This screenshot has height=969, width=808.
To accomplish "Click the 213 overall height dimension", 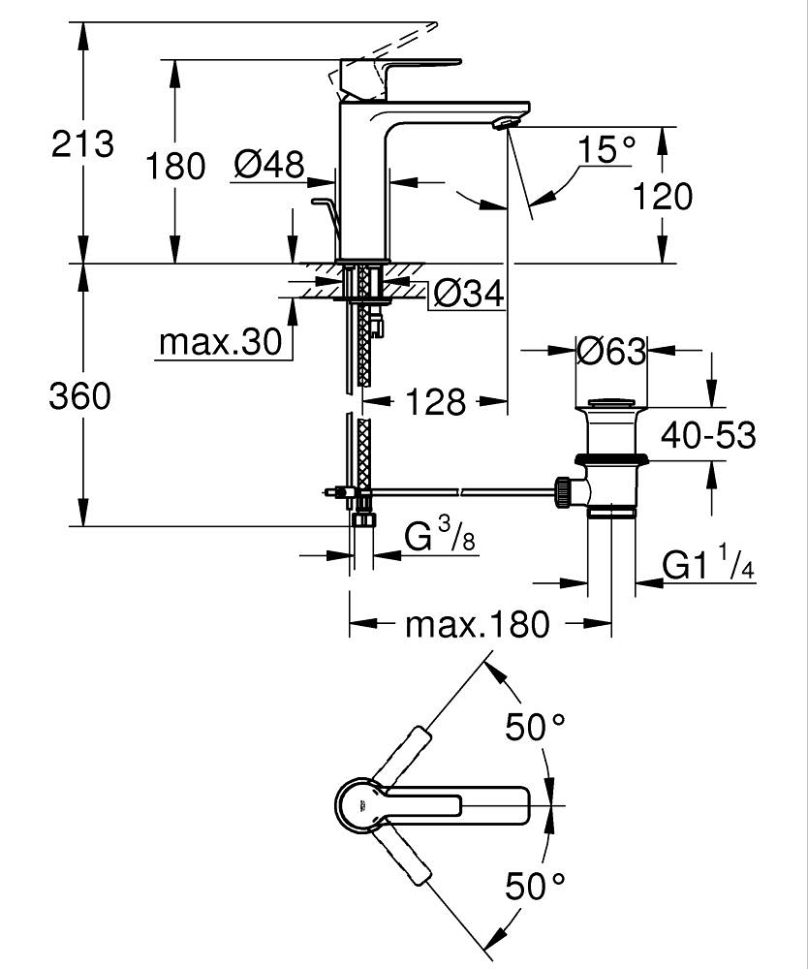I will pyautogui.click(x=82, y=144).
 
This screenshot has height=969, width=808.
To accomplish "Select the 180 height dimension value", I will pyautogui.click(x=175, y=166).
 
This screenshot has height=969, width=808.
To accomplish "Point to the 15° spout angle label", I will pyautogui.click(x=606, y=149).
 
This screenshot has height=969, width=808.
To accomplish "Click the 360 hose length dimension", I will pyautogui.click(x=80, y=396).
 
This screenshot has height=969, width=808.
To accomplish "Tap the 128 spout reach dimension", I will pyautogui.click(x=436, y=401).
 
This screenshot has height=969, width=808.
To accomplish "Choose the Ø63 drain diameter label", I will pyautogui.click(x=610, y=351).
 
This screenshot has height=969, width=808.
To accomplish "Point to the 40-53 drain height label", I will pyautogui.click(x=707, y=436).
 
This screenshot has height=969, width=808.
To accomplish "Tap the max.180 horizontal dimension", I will pyautogui.click(x=477, y=625).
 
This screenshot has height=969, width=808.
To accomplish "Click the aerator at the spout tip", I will pyautogui.click(x=504, y=122).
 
